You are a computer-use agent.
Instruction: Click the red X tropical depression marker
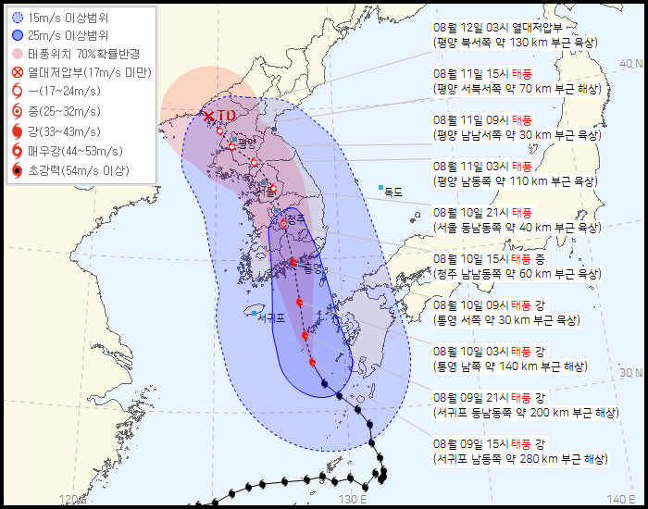click(209, 116)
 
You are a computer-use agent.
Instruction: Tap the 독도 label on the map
click(393, 192)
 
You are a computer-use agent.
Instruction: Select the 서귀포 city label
click(270, 317)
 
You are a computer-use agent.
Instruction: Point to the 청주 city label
click(295, 218)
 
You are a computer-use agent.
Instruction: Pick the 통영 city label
click(313, 268)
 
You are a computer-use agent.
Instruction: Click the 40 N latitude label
click(632, 64)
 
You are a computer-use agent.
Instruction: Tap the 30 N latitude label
click(632, 372)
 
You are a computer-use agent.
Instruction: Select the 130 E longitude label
click(349, 500)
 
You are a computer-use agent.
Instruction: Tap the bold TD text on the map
click(227, 115)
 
